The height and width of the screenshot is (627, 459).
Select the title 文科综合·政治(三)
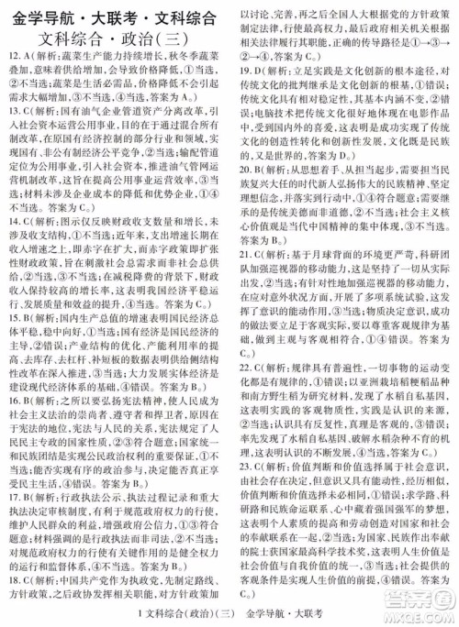(115, 44)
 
